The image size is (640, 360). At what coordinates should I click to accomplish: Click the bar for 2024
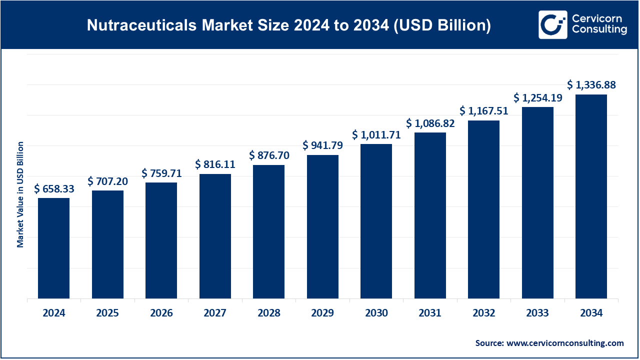click(53, 248)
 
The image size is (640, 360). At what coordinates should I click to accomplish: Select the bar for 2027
click(215, 236)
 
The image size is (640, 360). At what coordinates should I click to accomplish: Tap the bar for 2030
click(376, 221)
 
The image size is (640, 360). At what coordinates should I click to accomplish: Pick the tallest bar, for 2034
click(591, 196)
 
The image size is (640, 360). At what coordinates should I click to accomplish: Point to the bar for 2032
click(483, 209)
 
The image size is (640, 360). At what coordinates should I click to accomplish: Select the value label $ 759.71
click(161, 173)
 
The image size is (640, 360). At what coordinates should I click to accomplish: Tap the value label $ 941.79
click(322, 145)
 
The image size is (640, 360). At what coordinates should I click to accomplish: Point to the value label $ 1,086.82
click(430, 123)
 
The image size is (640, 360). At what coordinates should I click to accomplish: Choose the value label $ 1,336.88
click(591, 85)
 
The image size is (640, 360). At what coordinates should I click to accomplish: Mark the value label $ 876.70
click(269, 155)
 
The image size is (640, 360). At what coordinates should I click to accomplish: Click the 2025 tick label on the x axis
click(107, 313)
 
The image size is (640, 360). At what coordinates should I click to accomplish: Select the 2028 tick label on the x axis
click(269, 313)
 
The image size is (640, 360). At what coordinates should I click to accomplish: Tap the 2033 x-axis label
click(537, 313)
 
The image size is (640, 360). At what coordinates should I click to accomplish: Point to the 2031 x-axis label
click(430, 313)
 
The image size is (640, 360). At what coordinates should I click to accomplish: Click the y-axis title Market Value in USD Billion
click(20, 194)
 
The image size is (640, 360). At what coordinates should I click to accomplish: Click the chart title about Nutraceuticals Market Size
click(288, 25)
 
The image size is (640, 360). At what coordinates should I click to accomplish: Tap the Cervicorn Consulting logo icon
click(552, 24)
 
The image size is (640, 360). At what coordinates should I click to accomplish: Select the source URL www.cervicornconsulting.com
click(564, 343)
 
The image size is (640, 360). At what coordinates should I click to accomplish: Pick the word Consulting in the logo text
click(599, 30)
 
